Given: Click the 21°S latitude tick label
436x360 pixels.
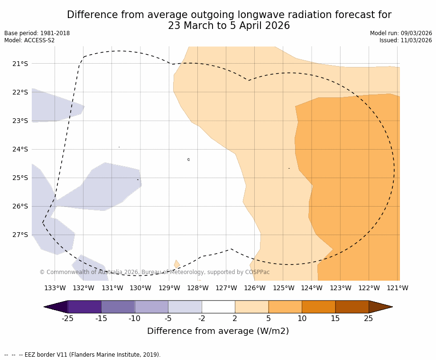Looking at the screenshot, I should pos(20,64).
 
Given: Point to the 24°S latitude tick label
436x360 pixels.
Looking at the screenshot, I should pos(20,149).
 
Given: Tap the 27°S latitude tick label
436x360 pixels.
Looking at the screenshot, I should pos(20,235).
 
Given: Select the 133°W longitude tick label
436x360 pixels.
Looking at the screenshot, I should pos(55,288).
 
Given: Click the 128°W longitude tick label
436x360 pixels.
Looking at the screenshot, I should pos(197,288).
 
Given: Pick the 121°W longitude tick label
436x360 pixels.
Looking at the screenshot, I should pos(397,288).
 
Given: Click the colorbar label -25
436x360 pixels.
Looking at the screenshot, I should pos(67,319).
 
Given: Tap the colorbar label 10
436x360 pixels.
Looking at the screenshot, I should pos(302,319).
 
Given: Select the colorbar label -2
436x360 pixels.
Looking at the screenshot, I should pos(202,319).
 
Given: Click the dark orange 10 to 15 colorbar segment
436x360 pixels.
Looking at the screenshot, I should pos(318,307).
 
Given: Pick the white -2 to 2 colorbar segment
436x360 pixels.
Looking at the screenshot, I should pos(218,307).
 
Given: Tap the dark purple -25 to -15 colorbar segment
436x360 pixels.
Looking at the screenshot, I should pos(84,307).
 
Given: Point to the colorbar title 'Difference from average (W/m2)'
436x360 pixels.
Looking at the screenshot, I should pos(218,331).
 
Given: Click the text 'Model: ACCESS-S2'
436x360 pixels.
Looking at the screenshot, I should pos(29,40).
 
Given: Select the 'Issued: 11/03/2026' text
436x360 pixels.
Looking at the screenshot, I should pos(406,40).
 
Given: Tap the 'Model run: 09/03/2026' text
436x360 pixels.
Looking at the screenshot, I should pos(401,33).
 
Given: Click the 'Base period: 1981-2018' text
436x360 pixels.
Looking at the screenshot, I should pos(37,33).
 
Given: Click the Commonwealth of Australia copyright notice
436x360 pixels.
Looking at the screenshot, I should pos(155,272).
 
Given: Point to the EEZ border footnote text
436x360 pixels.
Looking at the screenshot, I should pos(83,355).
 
